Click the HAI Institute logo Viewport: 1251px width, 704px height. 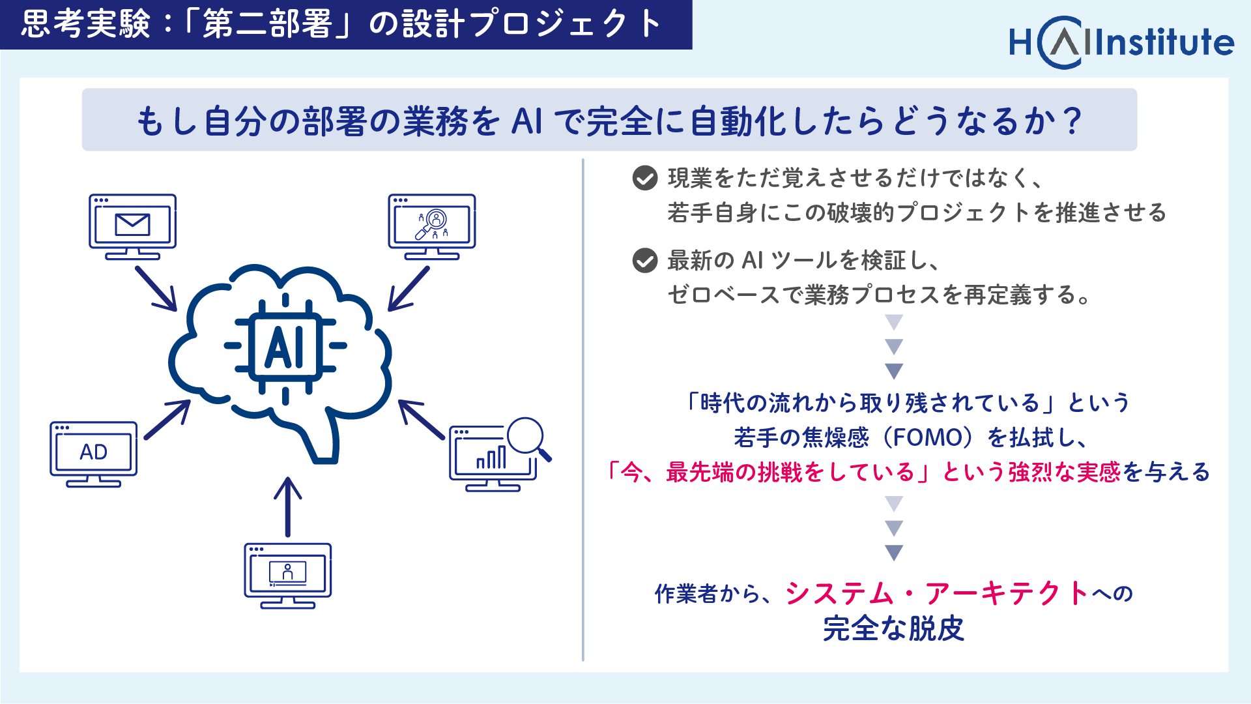1121,42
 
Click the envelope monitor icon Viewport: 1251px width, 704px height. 133,227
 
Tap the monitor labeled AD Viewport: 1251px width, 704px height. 94,454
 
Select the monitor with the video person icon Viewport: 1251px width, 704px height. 288,576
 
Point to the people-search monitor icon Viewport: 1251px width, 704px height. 432,227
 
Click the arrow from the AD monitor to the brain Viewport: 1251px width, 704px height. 167,419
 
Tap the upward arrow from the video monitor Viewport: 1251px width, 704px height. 287,506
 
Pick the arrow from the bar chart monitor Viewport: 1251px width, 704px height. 422,419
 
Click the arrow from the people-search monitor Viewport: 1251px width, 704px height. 409,288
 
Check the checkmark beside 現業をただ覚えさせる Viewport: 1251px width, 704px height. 645,178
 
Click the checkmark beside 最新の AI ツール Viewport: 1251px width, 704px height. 645,261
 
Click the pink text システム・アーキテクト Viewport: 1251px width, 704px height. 937,593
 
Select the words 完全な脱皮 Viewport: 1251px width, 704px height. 893,629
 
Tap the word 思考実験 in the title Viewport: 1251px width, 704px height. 85,24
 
